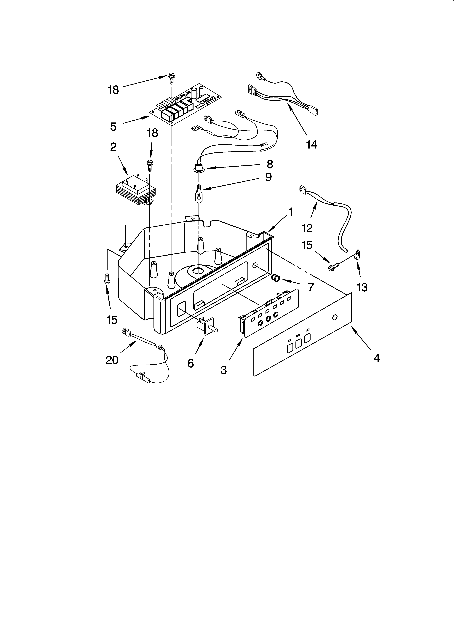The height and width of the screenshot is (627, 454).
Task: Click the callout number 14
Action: (312, 145)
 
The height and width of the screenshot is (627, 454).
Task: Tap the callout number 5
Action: (113, 127)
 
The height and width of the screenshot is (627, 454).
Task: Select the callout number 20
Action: (112, 360)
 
